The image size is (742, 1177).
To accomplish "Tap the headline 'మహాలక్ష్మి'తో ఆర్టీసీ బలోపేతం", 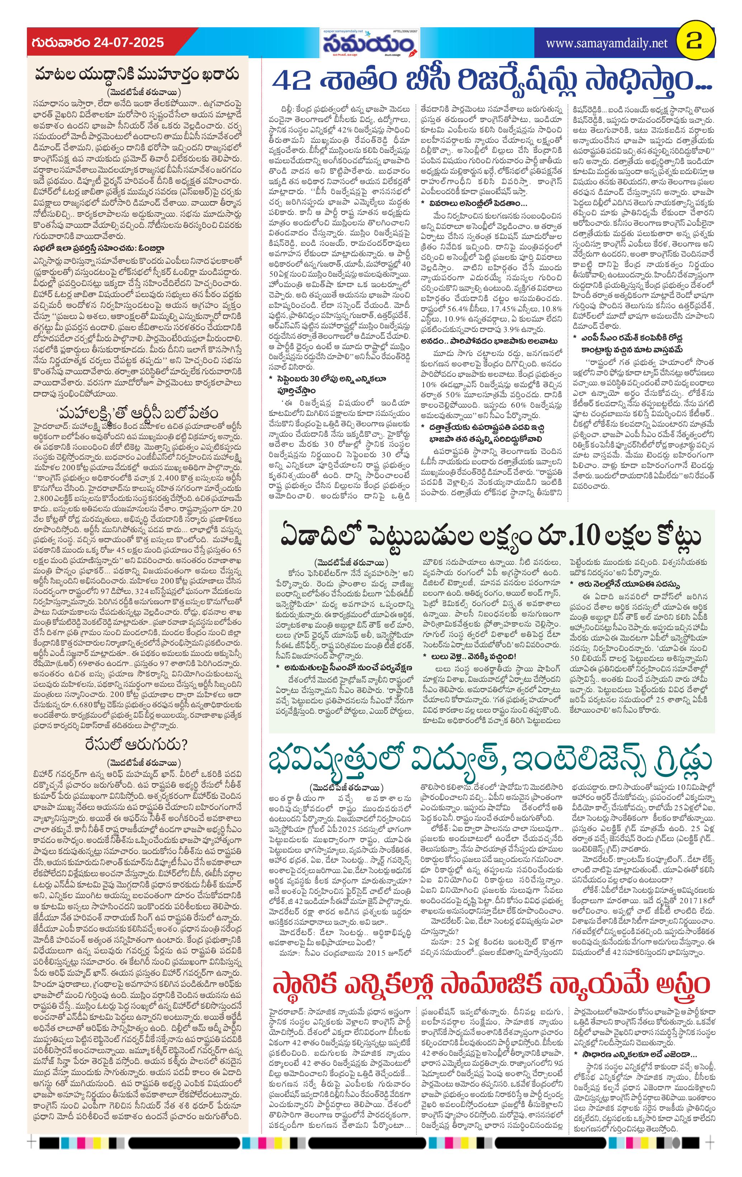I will click(137, 413).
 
